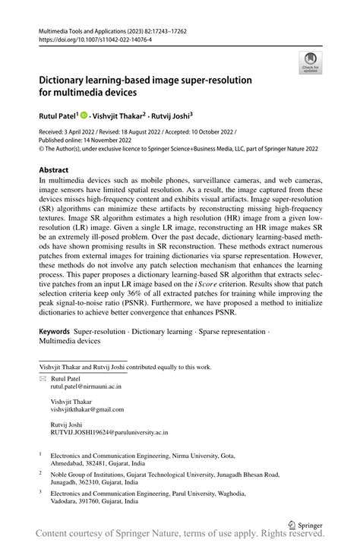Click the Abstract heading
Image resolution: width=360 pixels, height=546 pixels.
54,170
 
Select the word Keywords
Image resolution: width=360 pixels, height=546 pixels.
55,353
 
